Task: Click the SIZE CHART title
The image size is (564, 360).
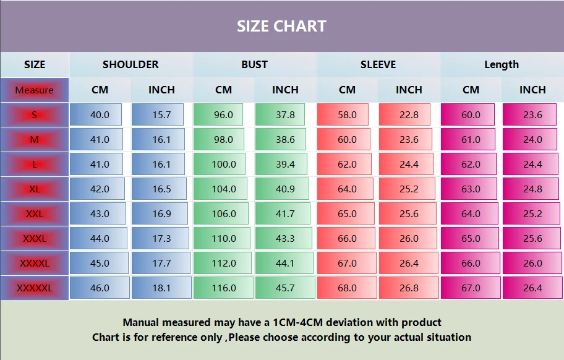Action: [x=281, y=26]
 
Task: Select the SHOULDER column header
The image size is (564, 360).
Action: [x=130, y=64]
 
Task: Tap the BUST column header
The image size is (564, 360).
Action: [x=254, y=64]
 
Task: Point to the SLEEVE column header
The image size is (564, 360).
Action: [x=378, y=64]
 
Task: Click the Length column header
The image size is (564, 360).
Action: [x=502, y=64]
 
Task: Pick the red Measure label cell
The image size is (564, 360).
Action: [x=35, y=90]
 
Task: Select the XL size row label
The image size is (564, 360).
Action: [x=35, y=189]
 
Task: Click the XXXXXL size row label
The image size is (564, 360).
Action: [x=35, y=288]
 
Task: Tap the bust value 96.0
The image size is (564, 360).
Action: [x=223, y=114]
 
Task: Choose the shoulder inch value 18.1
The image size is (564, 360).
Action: [x=161, y=288]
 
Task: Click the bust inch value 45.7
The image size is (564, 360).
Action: [x=285, y=288]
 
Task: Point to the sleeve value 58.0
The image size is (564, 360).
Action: [x=347, y=114]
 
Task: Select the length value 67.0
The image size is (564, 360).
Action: [x=471, y=288]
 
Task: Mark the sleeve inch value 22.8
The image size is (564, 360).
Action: [x=409, y=114]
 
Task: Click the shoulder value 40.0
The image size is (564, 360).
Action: [x=100, y=114]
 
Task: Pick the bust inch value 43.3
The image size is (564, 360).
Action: [x=285, y=238]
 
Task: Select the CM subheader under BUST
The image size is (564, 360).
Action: [x=223, y=90]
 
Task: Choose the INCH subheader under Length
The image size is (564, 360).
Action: [x=532, y=90]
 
